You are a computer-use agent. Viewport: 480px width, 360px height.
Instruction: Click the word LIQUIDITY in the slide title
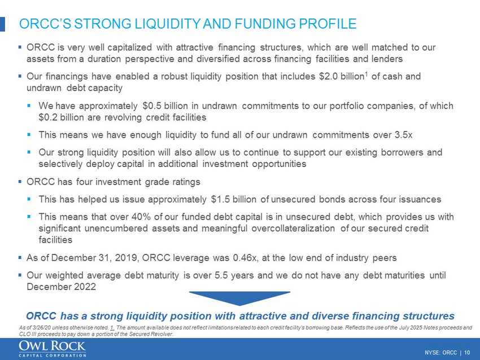click(x=167, y=24)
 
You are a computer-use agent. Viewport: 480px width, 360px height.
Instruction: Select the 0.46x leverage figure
click(x=246, y=257)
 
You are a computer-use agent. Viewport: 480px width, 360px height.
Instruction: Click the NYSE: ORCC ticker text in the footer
click(x=441, y=353)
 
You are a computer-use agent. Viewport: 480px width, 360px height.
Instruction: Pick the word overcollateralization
click(x=291, y=228)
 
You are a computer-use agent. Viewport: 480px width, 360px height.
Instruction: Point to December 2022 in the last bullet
click(x=61, y=287)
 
